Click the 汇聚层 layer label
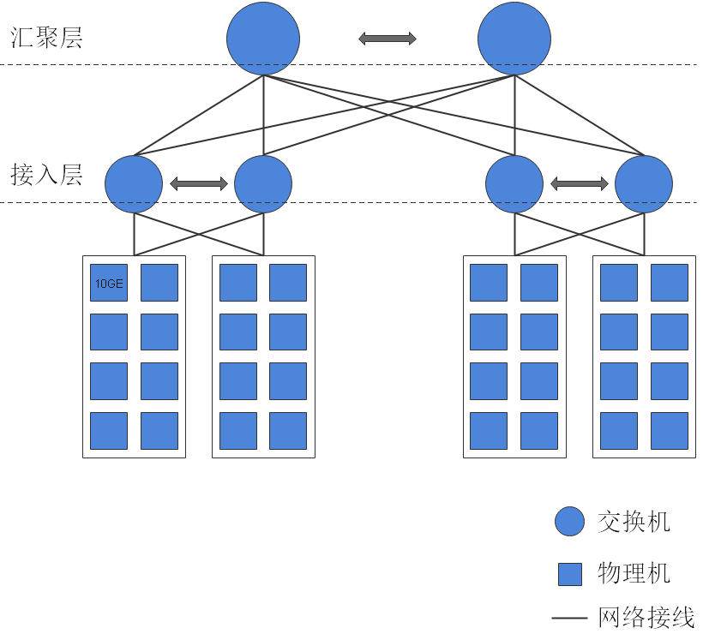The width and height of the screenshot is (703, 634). pyautogui.click(x=46, y=39)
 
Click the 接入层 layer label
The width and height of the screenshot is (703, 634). pyautogui.click(x=46, y=176)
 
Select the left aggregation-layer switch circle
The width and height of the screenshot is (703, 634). pyautogui.click(x=263, y=39)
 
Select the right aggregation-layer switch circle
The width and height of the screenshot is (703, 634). pyautogui.click(x=514, y=39)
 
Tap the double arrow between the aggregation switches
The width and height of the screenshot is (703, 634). pyautogui.click(x=388, y=39)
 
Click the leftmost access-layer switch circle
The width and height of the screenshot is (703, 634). pyautogui.click(x=134, y=183)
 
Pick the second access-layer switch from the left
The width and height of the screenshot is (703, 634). pyautogui.click(x=263, y=183)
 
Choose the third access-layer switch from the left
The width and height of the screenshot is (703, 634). pyautogui.click(x=514, y=183)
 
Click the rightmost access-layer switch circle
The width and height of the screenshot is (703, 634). pyautogui.click(x=644, y=183)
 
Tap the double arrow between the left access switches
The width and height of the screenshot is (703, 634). pyautogui.click(x=199, y=183)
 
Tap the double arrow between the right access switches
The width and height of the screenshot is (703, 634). pyautogui.click(x=580, y=183)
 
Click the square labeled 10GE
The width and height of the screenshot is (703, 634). pyautogui.click(x=109, y=284)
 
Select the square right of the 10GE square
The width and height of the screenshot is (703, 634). pyautogui.click(x=159, y=284)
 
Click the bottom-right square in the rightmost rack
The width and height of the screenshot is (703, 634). pyautogui.click(x=670, y=431)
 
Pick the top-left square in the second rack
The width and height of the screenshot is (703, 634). pyautogui.click(x=238, y=284)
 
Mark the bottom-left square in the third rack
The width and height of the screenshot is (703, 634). pyautogui.click(x=489, y=431)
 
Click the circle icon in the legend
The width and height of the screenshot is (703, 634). pyautogui.click(x=570, y=521)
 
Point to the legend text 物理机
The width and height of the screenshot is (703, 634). pyautogui.click(x=634, y=573)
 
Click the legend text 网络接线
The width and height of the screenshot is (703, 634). pyautogui.click(x=646, y=617)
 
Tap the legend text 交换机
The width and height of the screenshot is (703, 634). pyautogui.click(x=634, y=521)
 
